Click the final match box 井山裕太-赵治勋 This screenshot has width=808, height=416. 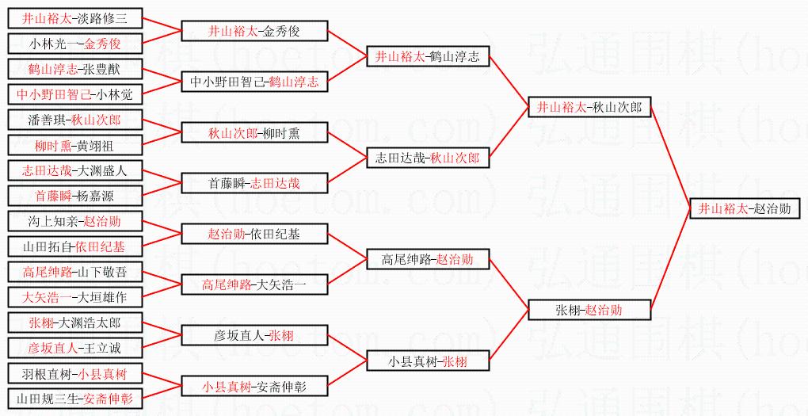pos(745,209)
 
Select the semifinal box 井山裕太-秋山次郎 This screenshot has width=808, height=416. pos(589,107)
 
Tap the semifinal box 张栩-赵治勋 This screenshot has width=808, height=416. pos(589,310)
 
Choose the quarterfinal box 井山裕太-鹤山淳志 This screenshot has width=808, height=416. pos(428,56)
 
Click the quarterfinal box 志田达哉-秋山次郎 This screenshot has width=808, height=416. pos(428,158)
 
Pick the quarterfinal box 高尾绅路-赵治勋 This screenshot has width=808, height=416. pos(428,259)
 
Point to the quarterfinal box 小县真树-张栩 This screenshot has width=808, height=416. pos(428,361)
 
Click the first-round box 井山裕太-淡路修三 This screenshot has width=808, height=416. pos(74,18)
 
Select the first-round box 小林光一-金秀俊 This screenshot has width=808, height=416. pos(74,44)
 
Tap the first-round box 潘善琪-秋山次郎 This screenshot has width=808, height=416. pos(74,120)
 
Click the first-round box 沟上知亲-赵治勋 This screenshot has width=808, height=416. pos(74,221)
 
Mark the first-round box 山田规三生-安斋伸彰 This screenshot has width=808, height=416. pos(74,399)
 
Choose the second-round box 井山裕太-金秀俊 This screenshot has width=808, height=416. pos(254,32)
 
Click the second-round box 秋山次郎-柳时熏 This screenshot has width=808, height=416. pos(254,133)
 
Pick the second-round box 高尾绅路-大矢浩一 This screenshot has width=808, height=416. pos(254,284)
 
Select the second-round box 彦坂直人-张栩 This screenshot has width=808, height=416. pos(254,336)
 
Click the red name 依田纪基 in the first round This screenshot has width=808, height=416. pos(100,247)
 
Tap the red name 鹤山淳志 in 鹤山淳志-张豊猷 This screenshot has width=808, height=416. pos(49,69)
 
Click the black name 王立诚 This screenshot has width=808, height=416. pos(103,348)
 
